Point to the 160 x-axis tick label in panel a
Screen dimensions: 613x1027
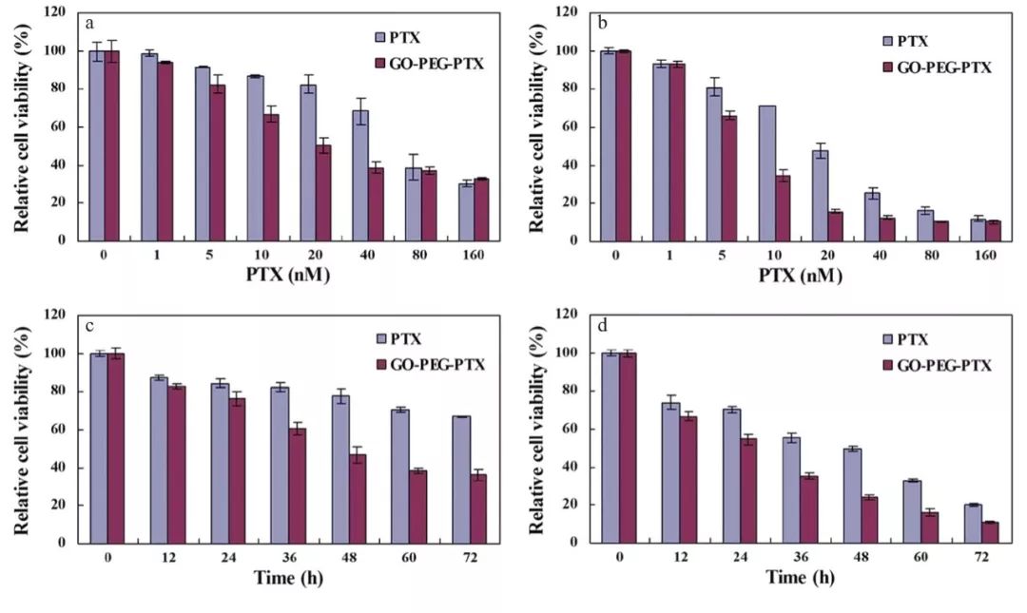coord(474,258)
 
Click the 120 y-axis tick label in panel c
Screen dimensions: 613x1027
coord(55,315)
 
